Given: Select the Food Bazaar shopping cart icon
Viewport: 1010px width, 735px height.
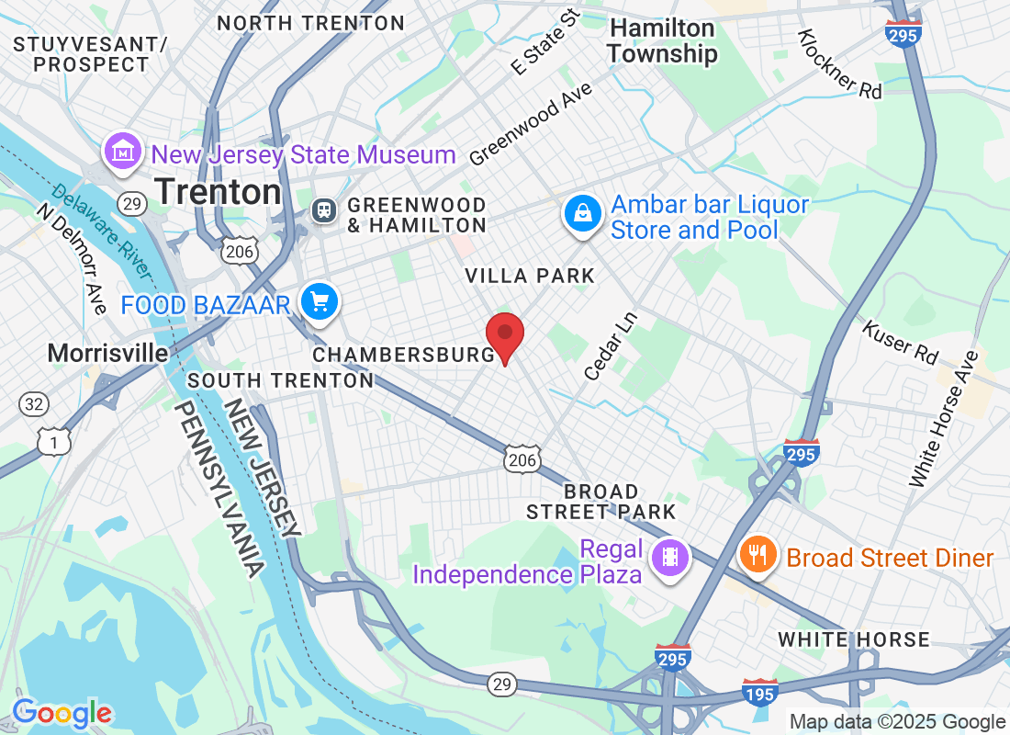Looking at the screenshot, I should click(x=320, y=301).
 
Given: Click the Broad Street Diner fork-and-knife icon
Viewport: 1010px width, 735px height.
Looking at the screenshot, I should click(x=757, y=555).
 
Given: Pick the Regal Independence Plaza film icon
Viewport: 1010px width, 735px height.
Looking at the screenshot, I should click(x=670, y=557).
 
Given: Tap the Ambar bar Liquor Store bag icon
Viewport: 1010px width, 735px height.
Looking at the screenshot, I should click(x=582, y=213).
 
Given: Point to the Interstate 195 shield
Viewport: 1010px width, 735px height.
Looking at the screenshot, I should click(x=760, y=693).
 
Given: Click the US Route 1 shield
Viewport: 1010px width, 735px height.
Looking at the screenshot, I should click(x=54, y=441).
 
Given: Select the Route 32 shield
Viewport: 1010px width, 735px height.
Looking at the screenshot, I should click(x=34, y=402).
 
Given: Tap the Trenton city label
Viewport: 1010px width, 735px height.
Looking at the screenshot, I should click(x=219, y=191).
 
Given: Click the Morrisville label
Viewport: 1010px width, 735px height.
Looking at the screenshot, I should click(x=107, y=353).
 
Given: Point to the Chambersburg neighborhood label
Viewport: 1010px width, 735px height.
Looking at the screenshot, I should click(x=404, y=355).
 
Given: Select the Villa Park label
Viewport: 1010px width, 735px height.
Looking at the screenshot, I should click(x=530, y=276).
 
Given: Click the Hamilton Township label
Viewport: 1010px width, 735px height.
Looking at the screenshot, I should click(x=662, y=41).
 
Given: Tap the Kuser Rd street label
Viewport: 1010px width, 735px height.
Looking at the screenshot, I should click(x=900, y=339).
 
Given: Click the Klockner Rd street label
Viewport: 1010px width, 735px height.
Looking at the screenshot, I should click(x=839, y=63).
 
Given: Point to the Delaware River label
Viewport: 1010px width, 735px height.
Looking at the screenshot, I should click(x=101, y=230).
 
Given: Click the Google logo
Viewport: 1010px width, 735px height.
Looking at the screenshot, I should click(x=62, y=713).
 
